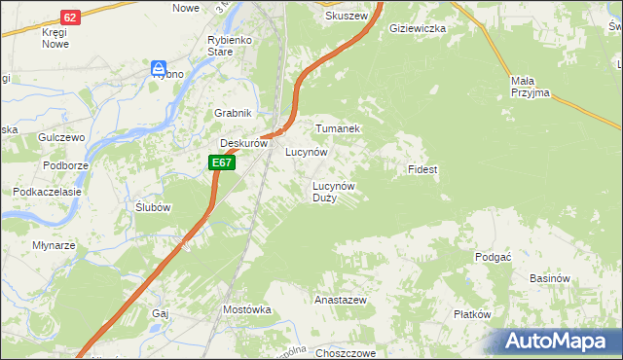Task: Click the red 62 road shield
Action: pyautogui.click(x=69, y=18)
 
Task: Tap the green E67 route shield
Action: pyautogui.click(x=221, y=162)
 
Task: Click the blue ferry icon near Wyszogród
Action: pyautogui.click(x=159, y=67)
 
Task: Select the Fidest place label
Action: pyautogui.click(x=422, y=169)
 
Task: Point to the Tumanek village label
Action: pyautogui.click(x=337, y=128)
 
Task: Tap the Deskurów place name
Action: pyautogui.click(x=243, y=143)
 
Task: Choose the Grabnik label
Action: pyautogui.click(x=234, y=113)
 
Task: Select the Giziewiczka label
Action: pyautogui.click(x=417, y=29)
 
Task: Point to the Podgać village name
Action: pyautogui.click(x=494, y=256)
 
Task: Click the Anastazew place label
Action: pyautogui.click(x=340, y=301)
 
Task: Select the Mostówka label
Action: pyautogui.click(x=246, y=309)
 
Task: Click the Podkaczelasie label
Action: pyautogui.click(x=46, y=192)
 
